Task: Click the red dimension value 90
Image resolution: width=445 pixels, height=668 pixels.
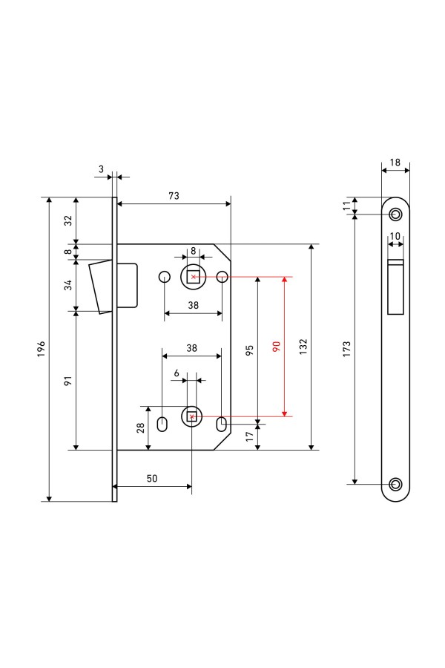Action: tap(276, 347)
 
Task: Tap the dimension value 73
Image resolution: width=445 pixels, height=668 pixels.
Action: tap(174, 196)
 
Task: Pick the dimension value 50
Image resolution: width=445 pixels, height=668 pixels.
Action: tap(151, 479)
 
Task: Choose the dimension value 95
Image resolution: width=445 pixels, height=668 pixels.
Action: tap(249, 348)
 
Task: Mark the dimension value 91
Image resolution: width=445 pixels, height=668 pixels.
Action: tap(67, 381)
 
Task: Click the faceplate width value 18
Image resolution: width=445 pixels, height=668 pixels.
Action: tap(395, 163)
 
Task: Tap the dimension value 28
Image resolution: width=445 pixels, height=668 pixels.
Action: tap(140, 428)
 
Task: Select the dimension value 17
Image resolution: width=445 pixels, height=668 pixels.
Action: tap(249, 437)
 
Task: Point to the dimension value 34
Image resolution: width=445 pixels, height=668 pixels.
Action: tap(67, 284)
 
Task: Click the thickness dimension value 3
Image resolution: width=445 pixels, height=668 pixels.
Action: tap(101, 169)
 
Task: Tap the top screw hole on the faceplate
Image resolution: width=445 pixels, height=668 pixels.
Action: tap(395, 215)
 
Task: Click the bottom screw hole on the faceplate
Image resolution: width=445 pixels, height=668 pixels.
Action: tap(395, 485)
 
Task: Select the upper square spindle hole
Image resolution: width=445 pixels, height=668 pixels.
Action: tap(193, 277)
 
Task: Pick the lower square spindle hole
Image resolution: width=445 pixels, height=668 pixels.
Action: tap(192, 416)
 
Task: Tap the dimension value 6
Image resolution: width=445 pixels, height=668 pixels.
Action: tap(177, 372)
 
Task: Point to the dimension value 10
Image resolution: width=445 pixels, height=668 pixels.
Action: tap(395, 236)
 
